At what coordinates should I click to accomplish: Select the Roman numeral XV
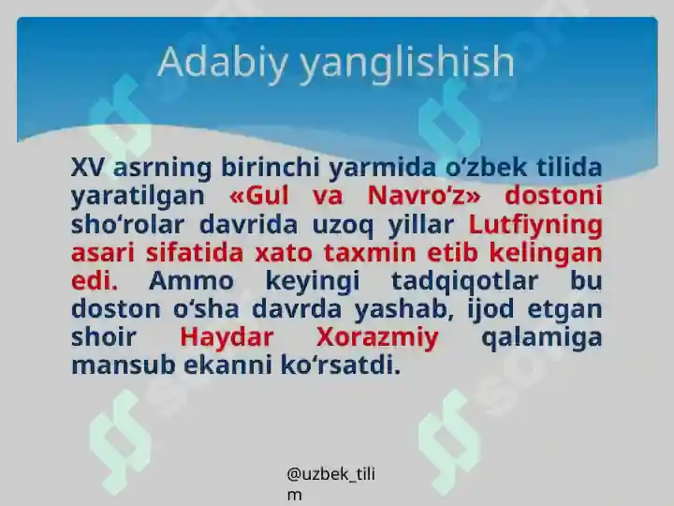[x=89, y=168]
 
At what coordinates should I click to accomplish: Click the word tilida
[x=569, y=168]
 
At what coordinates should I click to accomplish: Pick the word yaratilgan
[x=138, y=196]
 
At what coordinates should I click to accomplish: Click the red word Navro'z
[x=423, y=196]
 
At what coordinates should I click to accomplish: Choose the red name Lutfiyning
[x=535, y=225]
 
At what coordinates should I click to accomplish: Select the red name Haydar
[x=227, y=337]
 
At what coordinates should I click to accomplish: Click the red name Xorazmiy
[x=377, y=337]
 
